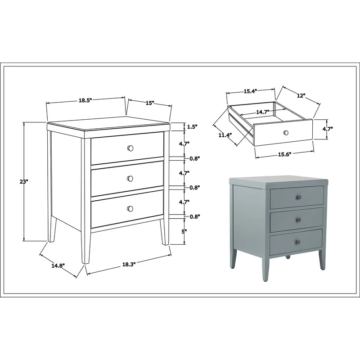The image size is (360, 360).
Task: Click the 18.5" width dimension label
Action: (85, 100)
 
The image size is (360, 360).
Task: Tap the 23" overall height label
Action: (24, 182)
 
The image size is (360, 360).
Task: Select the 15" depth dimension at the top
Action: (150, 103)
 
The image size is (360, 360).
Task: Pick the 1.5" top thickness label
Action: (192, 126)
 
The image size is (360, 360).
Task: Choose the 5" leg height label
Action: (183, 231)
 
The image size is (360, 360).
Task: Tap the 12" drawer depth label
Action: (301, 95)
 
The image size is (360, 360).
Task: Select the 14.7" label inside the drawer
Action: (263, 112)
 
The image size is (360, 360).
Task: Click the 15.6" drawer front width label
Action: (285, 154)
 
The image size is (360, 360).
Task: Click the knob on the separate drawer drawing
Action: (286, 133)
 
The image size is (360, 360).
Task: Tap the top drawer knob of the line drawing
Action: (130, 148)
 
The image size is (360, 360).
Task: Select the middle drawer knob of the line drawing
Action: (130, 178)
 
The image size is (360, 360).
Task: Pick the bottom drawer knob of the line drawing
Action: (130, 208)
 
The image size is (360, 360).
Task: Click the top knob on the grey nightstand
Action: (298, 197)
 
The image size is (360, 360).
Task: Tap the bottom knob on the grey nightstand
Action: (298, 242)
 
